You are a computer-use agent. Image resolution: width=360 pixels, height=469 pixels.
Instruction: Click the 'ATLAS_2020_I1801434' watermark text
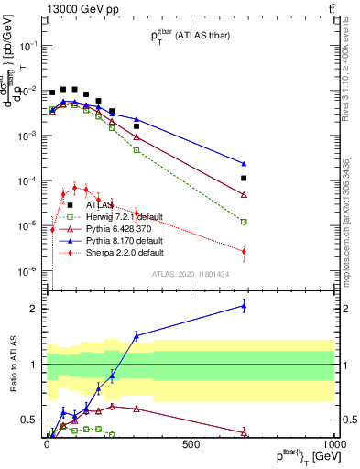[191, 274]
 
